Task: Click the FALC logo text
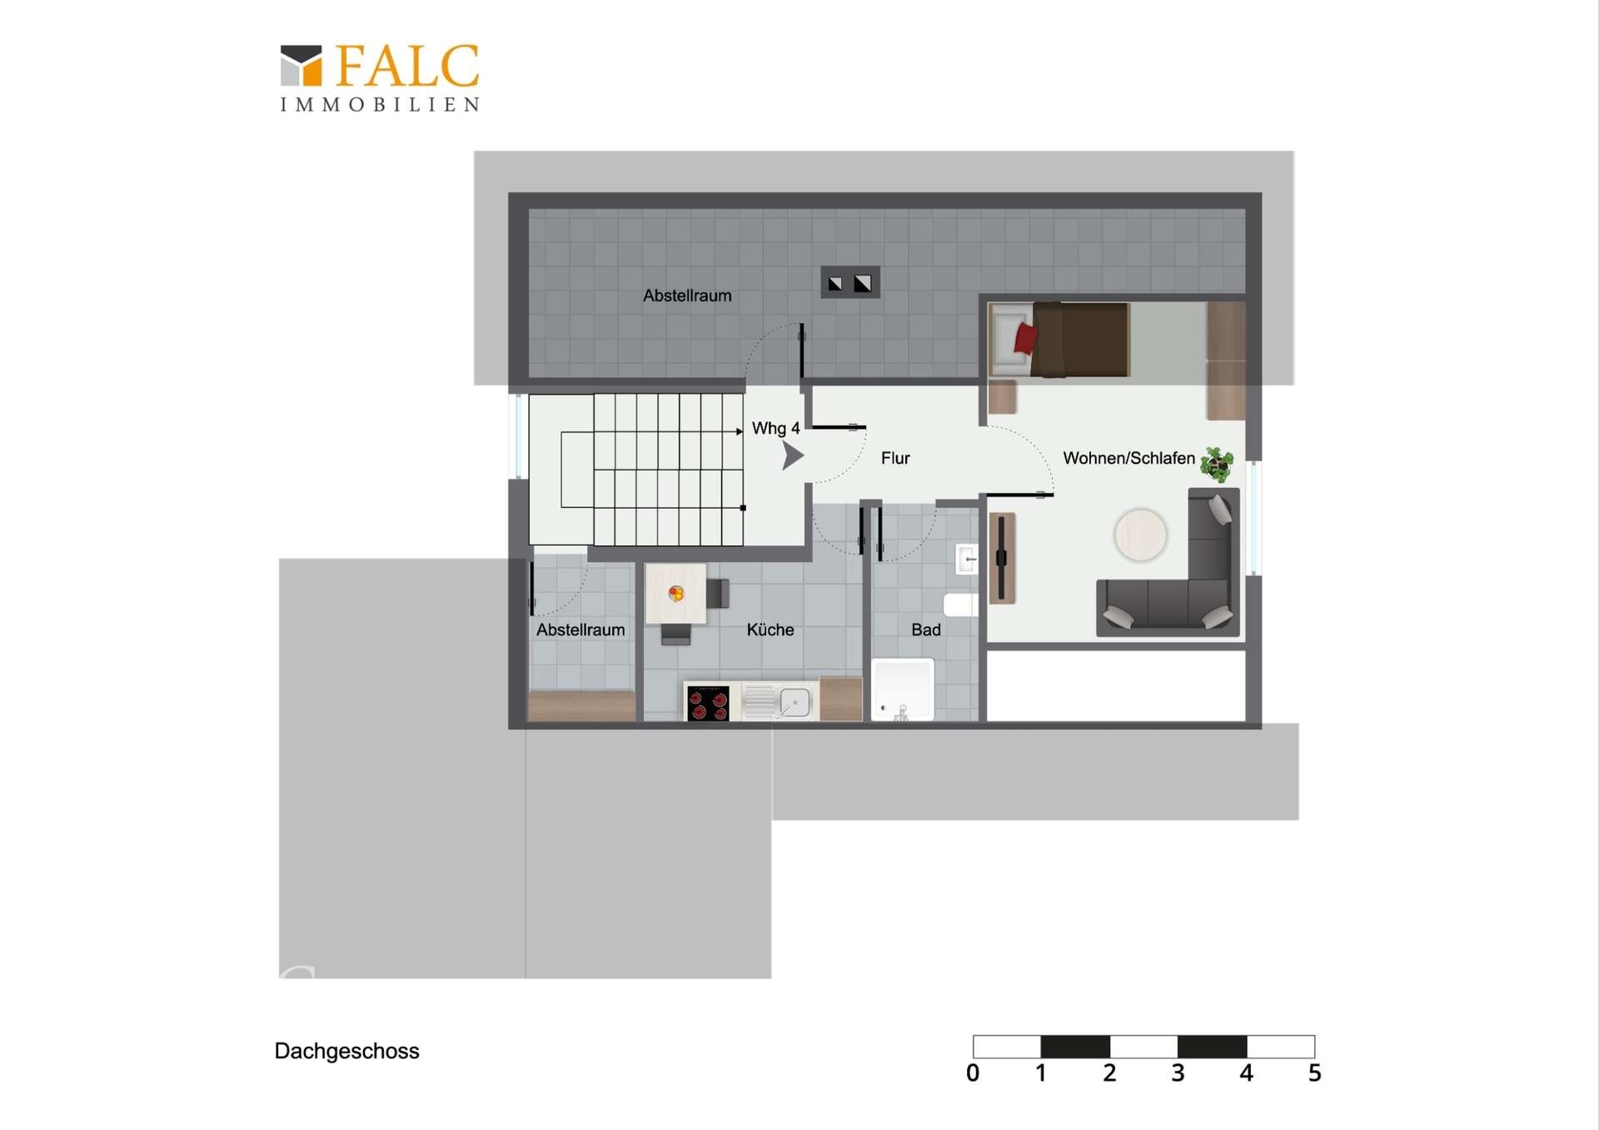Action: coord(407,66)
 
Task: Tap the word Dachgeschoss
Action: coord(346,1051)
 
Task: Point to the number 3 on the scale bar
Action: coord(1178,1073)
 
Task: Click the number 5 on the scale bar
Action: coord(1314,1073)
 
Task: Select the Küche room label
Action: coord(770,630)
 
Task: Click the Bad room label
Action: coord(925,630)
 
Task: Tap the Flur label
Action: coord(895,458)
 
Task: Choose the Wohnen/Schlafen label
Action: coord(1128,458)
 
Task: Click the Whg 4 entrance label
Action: coord(775,428)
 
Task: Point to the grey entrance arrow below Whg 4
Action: coord(792,455)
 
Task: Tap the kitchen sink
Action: coord(779,702)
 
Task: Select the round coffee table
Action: coord(1140,535)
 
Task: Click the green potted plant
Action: coord(1218,464)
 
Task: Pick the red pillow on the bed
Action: coord(1025,338)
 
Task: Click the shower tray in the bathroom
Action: coord(903,689)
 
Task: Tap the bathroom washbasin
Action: coord(967,559)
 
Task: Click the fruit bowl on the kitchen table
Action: coord(676,593)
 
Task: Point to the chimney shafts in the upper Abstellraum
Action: coord(849,282)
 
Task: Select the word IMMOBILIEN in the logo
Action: coord(380,105)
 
